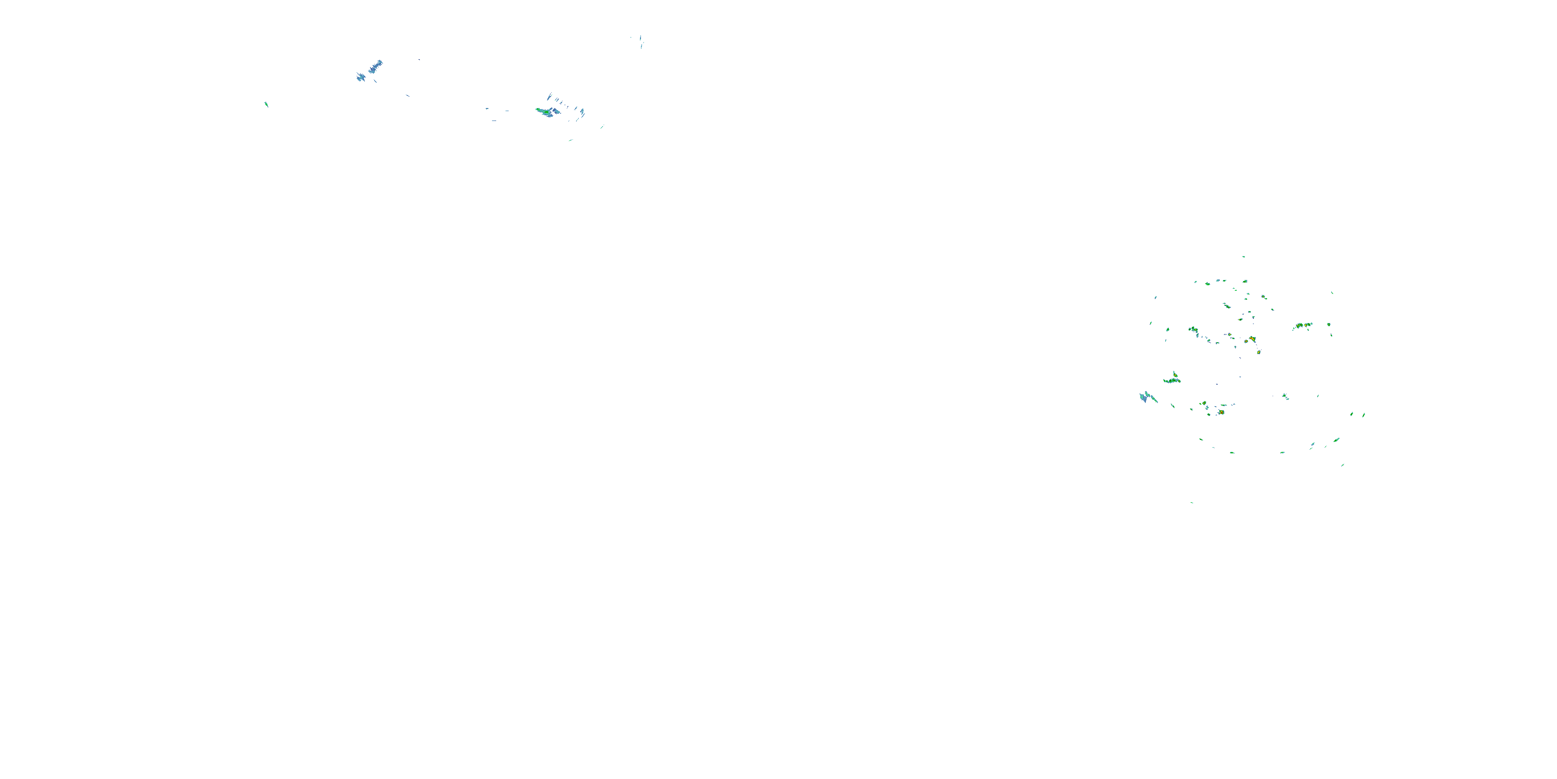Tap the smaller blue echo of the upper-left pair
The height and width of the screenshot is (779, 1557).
361,77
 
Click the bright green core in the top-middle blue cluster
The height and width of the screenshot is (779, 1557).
546,112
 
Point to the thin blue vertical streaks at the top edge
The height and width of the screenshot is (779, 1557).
640,41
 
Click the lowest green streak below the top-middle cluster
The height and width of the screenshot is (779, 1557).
570,140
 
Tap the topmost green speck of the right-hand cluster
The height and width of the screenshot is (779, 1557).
1244,257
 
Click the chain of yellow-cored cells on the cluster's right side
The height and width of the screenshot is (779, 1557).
1303,326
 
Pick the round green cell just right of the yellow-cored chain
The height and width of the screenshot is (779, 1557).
1329,324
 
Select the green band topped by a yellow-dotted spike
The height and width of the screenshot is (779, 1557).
1172,380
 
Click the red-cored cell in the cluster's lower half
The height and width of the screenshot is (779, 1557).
1221,412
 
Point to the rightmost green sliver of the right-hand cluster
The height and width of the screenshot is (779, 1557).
1364,415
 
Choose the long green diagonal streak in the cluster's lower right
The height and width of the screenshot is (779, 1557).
1336,440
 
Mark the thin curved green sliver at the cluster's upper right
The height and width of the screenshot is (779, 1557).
1332,293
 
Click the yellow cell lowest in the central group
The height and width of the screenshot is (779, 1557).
1259,352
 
